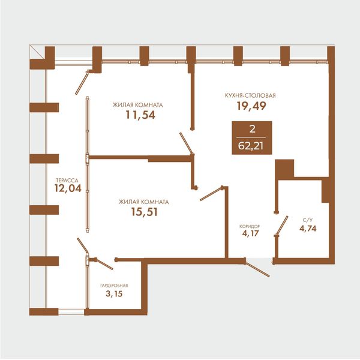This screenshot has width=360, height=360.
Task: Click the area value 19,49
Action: [251, 106]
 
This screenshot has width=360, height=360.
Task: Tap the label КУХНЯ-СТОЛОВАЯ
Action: [250, 95]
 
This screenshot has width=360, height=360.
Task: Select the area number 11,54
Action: [140, 115]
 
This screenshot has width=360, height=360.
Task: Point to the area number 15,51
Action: [145, 212]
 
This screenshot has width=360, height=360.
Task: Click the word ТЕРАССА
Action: [67, 181]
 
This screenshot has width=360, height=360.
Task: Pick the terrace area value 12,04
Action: [68, 188]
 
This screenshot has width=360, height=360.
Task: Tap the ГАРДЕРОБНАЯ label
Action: [114, 286]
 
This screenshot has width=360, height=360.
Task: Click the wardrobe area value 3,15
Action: [114, 293]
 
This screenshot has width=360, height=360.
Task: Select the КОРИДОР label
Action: [250, 227]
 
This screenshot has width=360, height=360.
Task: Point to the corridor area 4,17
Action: [250, 233]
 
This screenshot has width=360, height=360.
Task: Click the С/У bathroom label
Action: [308, 220]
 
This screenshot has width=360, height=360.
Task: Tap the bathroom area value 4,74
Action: [308, 229]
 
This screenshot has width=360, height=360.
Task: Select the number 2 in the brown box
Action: [252, 129]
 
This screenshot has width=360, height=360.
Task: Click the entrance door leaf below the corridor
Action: [257, 268]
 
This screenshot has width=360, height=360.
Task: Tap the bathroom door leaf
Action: [282, 225]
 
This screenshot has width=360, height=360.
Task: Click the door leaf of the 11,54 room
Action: [187, 143]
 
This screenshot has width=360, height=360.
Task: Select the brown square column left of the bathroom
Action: [284, 169]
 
